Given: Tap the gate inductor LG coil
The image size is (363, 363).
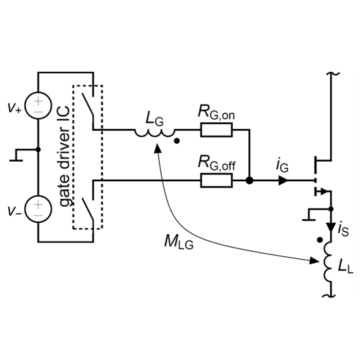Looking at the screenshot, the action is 154,134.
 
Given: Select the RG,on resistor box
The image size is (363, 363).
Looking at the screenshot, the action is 216,130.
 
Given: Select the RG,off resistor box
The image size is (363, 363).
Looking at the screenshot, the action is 216,180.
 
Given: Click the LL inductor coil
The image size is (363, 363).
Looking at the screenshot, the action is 328,262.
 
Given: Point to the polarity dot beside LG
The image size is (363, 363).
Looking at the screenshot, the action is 176,141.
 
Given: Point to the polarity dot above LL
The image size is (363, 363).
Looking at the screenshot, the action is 319,240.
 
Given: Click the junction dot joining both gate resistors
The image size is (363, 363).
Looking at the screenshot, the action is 250,180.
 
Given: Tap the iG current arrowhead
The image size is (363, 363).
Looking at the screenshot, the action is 283,180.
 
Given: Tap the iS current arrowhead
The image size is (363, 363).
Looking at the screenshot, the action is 331,227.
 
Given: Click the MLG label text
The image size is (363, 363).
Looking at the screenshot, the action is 178,242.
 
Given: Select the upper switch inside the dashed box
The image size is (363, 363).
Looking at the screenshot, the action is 87,104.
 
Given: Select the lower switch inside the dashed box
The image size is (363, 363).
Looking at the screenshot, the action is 87,209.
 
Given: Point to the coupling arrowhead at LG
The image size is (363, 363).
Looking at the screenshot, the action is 158,148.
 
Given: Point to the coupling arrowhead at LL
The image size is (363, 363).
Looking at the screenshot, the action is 315,260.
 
